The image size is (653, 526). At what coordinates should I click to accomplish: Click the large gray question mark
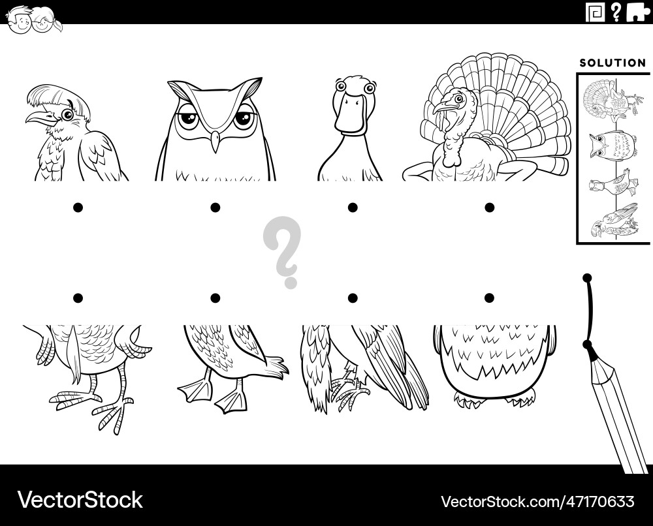click(281, 252)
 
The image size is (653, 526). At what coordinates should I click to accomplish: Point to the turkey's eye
click(459, 99)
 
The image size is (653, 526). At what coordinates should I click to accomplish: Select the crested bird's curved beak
click(40, 117)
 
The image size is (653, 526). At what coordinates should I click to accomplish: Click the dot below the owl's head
click(215, 208)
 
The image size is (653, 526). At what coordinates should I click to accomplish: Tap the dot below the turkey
click(489, 208)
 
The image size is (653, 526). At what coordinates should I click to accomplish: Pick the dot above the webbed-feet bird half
click(215, 298)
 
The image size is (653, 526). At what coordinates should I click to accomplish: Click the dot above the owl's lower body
click(489, 298)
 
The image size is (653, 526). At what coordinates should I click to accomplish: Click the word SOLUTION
click(613, 63)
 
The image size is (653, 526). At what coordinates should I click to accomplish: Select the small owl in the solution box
click(613, 144)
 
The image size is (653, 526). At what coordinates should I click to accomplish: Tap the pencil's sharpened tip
click(587, 344)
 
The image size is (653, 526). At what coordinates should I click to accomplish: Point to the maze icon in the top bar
click(595, 12)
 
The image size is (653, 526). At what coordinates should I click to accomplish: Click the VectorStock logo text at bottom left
click(80, 499)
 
